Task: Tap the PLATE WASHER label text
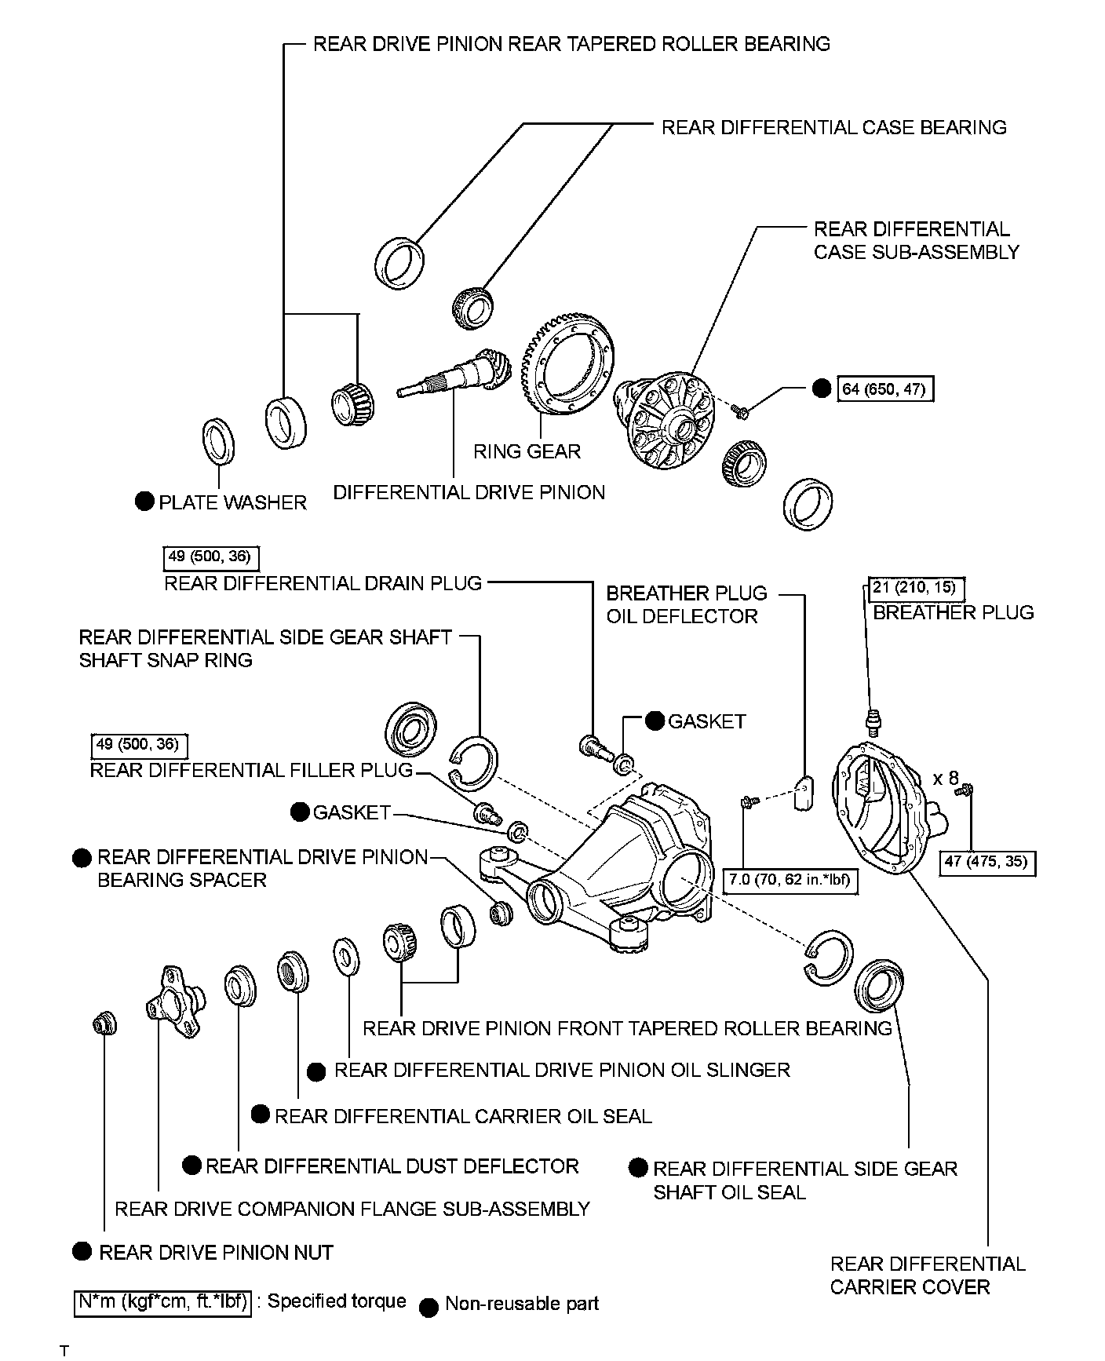(232, 502)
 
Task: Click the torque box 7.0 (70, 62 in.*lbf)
(790, 880)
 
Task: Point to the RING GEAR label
(527, 451)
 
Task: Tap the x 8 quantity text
(945, 779)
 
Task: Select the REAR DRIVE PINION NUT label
(216, 1253)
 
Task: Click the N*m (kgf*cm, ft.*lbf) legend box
(163, 1304)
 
